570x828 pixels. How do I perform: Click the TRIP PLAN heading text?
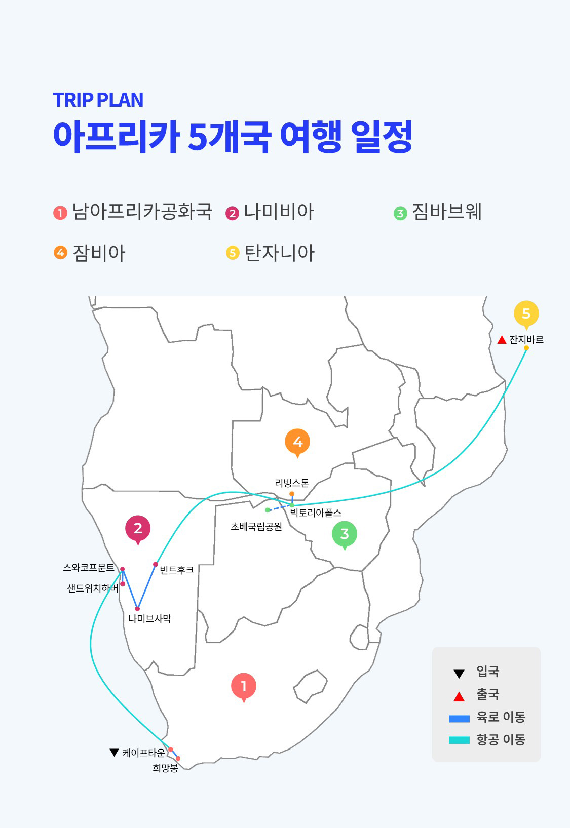point(98,100)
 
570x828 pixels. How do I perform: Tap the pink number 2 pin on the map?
point(138,528)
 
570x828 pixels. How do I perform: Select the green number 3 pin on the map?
point(345,534)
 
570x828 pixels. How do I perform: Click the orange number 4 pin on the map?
point(297,442)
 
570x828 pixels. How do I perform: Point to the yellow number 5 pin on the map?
point(526,313)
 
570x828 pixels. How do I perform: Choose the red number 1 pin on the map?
point(244,686)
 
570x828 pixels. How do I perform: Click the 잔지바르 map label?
point(526,339)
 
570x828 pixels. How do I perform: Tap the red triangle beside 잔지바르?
point(502,340)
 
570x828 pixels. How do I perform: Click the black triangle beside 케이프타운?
point(114,753)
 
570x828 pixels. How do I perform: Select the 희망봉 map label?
point(165,768)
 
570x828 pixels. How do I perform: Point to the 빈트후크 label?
point(177,570)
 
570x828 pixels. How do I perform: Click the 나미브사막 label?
point(149,618)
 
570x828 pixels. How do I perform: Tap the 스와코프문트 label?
point(89,568)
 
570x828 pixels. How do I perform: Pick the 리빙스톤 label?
point(292,483)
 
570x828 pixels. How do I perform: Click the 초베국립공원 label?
point(256,527)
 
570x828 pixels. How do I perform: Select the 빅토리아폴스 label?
point(316,513)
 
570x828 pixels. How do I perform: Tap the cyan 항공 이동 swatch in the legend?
point(459,740)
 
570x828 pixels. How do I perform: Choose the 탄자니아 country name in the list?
point(280,253)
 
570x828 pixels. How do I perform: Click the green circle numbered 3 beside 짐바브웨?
point(400,213)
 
